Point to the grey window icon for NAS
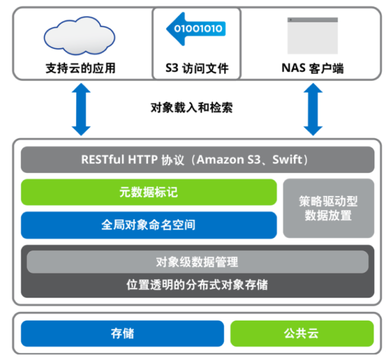[312, 35]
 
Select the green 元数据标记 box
[149, 192]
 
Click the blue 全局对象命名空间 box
[149, 225]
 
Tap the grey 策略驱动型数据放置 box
[328, 208]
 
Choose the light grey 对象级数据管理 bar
[197, 262]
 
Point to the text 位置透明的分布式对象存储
[197, 284]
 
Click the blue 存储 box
[122, 334]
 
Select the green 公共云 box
[301, 334]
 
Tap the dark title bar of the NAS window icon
[312, 21]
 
